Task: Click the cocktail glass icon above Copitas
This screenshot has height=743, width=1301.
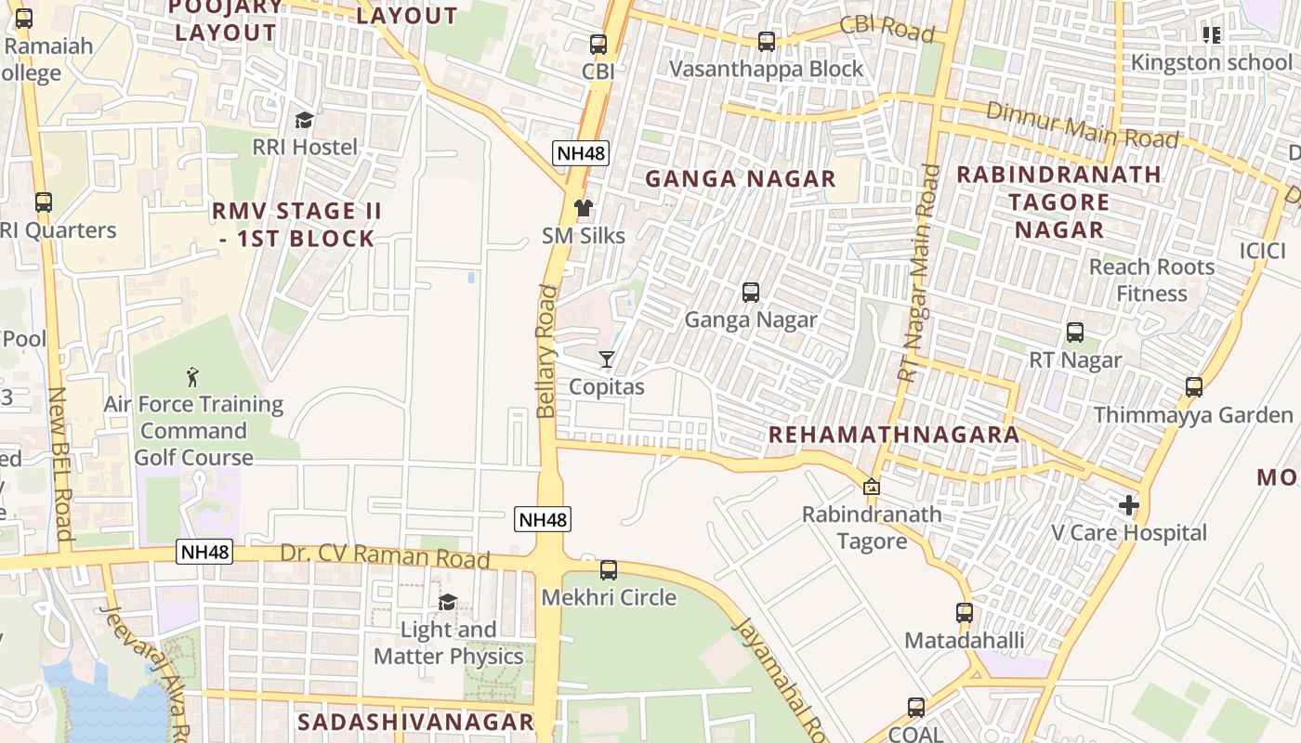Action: coord(607,359)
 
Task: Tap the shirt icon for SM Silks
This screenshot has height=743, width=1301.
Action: coord(583,209)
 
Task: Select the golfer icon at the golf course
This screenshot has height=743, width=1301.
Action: coord(192,377)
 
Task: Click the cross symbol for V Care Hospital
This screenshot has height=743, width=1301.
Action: coord(1129,505)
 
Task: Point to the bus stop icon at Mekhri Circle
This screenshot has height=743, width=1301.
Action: coord(609,570)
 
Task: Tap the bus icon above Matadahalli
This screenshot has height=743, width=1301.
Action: coord(965,613)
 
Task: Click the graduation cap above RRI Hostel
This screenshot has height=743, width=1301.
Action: coord(304,120)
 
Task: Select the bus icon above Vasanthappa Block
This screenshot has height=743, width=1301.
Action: coord(766,42)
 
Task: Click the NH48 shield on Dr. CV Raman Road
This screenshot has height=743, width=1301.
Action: coord(204,553)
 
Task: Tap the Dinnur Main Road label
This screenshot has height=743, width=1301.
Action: coord(1082,124)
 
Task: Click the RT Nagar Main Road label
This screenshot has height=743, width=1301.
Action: coord(920,273)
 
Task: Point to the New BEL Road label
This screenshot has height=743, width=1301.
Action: coord(59,463)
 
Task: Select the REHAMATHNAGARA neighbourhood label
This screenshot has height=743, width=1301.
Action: coord(894,435)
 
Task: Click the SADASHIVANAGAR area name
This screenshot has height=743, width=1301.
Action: coord(415,722)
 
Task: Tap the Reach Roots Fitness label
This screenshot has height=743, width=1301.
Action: coord(1151,280)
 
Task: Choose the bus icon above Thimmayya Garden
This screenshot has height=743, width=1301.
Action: coord(1194,387)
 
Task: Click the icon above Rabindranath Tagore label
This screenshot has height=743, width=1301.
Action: coord(872,487)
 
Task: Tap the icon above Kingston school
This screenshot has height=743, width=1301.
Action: coord(1212,35)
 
